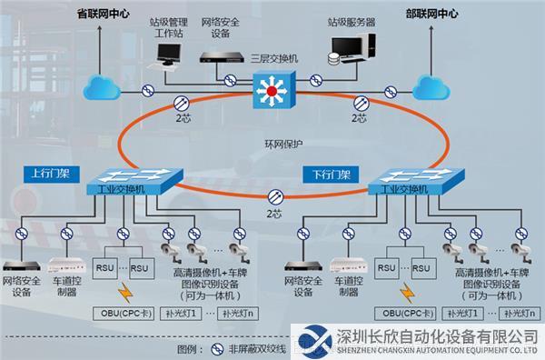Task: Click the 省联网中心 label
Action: pos(103,14)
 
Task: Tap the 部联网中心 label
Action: pos(431,14)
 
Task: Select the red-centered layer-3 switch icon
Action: pos(274,90)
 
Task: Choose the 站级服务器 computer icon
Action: pos(352,49)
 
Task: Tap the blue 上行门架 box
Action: pos(52,175)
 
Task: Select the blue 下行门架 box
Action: pos(331,175)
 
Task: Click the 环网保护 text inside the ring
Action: pos(283,144)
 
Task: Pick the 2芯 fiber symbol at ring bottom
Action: pos(275,197)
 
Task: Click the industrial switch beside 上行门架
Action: pos(134,182)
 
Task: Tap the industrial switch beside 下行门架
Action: pos(416,182)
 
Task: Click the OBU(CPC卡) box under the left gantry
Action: pos(124,314)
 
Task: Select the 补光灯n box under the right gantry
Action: pos(520,314)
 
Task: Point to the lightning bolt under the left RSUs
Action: pos(125,293)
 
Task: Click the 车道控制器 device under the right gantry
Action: pos(348,265)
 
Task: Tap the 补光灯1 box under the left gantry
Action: pos(181,314)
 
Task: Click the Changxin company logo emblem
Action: pos(314,342)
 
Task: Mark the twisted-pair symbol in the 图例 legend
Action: pos(217,349)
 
